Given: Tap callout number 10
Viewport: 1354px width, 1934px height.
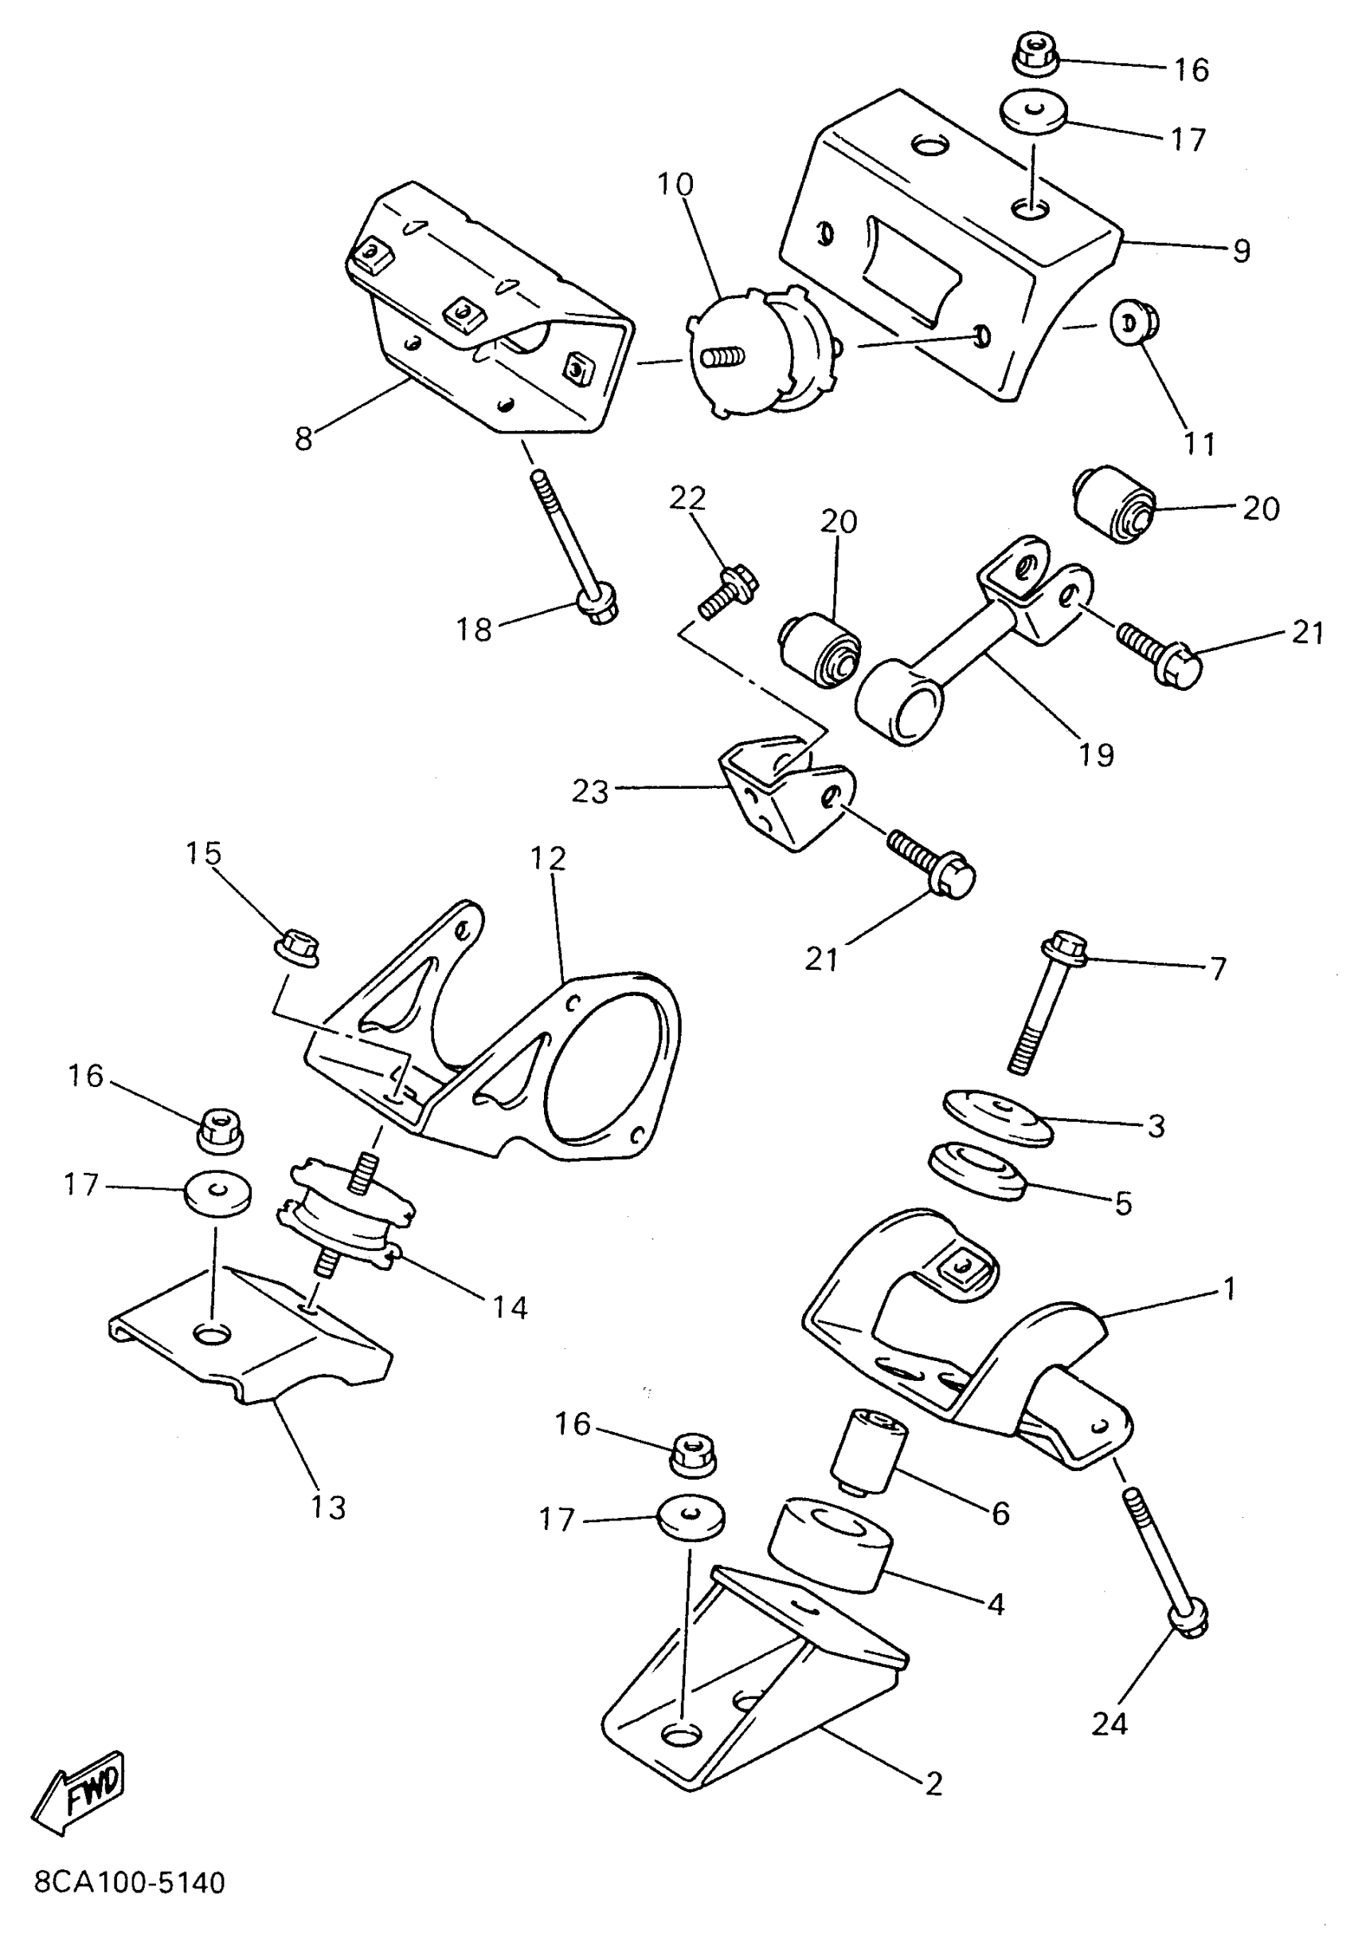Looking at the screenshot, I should [675, 184].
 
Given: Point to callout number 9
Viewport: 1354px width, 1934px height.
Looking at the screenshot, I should [1241, 251].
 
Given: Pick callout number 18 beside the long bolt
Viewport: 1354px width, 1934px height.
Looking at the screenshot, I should [474, 630].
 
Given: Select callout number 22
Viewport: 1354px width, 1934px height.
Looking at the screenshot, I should [687, 499].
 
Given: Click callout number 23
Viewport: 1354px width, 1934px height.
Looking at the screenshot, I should [589, 792].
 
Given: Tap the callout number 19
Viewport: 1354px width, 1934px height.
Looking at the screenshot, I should [1095, 755].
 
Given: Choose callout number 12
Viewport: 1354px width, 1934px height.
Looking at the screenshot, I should [548, 858].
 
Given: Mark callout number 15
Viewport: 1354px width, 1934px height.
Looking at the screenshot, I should [203, 853].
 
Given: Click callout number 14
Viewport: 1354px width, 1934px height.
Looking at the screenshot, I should [510, 1308].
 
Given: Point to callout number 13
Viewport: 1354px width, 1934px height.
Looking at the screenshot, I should [328, 1507].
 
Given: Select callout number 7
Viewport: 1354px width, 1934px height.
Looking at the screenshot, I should [1218, 968].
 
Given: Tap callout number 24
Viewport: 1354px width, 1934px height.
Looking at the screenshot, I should [1109, 1724].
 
